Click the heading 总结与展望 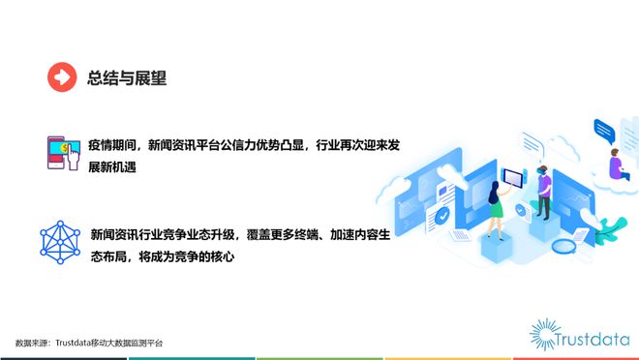(x=127, y=78)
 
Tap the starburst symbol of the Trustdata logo (x=546, y=333)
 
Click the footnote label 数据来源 (x=32, y=343)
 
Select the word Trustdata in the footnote (x=76, y=343)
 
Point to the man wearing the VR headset (x=544, y=193)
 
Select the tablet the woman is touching (x=512, y=178)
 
